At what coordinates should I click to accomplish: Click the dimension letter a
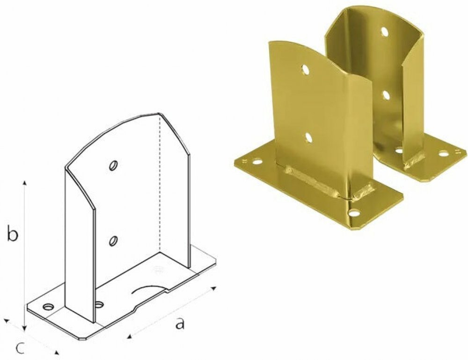tap(180, 324)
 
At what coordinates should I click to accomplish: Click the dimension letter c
tap(20, 348)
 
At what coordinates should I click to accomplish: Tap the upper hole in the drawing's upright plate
tap(113, 166)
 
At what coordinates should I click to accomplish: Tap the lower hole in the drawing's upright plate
tap(113, 241)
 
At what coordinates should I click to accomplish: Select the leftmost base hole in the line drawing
tap(48, 306)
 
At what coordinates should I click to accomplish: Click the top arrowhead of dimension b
tap(25, 183)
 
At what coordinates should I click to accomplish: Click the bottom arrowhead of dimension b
tap(25, 328)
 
